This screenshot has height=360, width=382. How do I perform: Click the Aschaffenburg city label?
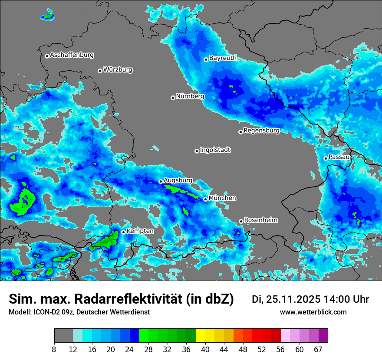pos(72,55)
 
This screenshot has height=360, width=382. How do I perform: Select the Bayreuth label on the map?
pos(223,58)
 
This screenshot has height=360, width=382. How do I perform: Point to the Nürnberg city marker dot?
pos(173,98)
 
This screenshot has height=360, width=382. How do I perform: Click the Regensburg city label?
pos(261,131)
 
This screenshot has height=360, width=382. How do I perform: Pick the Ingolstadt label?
pos(215,150)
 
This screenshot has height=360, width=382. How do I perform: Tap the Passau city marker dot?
pos(326,158)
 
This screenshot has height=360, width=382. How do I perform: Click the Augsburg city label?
pos(178,180)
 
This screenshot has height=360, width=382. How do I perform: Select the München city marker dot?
pos(206,200)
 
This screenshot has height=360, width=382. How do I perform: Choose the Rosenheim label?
pos(260,220)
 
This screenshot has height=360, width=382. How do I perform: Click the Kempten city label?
pos(140,231)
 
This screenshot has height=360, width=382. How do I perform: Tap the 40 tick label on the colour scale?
pos(205,350)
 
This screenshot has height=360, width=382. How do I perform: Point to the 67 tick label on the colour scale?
pos(319,350)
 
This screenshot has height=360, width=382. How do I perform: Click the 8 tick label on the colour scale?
pos(55,350)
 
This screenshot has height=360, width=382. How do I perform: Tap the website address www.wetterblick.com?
pos(313,312)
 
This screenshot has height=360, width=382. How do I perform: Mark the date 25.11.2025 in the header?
pos(293,299)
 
